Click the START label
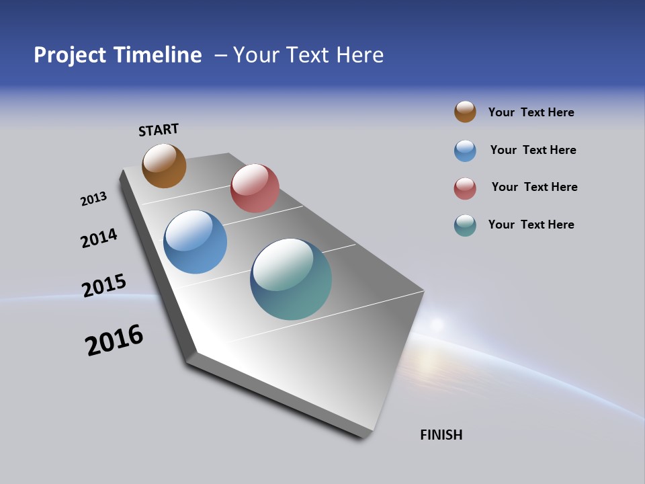click(x=159, y=130)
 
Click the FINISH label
click(x=441, y=435)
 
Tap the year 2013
click(x=93, y=199)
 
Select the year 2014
click(x=99, y=238)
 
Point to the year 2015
click(x=103, y=285)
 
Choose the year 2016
click(x=114, y=340)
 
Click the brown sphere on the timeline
click(x=164, y=165)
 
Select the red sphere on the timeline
click(x=255, y=188)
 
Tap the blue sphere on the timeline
click(x=196, y=242)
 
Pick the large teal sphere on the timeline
click(x=291, y=279)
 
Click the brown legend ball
click(x=465, y=112)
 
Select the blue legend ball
click(x=465, y=151)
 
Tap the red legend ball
click(x=465, y=188)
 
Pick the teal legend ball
click(x=465, y=225)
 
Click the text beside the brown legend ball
click(x=531, y=112)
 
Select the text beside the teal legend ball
click(x=531, y=225)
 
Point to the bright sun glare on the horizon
click(x=437, y=325)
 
